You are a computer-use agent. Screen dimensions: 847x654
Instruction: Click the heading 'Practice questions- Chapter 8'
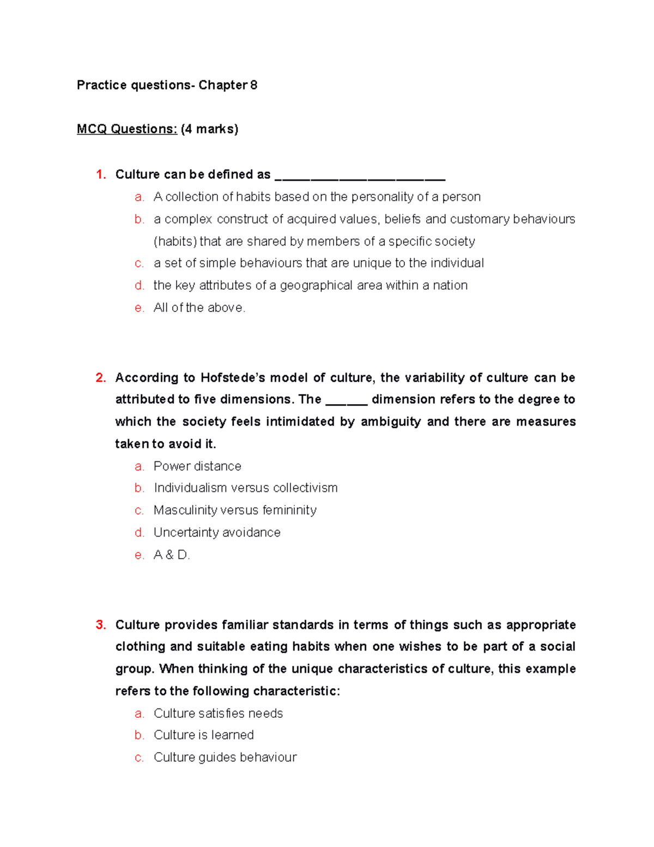(167, 85)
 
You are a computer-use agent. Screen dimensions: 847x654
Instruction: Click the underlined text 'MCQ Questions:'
(126, 129)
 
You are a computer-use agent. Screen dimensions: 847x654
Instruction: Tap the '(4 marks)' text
(209, 129)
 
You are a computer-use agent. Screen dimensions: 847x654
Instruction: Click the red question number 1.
(101, 175)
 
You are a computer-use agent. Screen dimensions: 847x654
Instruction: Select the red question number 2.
(101, 378)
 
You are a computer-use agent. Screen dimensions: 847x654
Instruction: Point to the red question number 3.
(101, 625)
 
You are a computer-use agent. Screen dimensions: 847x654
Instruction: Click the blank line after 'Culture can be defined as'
(360, 178)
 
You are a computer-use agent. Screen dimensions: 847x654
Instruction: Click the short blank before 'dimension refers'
(347, 403)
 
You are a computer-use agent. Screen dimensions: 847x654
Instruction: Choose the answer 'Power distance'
(197, 466)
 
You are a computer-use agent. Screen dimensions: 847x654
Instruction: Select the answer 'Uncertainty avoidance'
(217, 532)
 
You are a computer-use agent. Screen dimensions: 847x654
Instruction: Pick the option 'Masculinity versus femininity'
(235, 510)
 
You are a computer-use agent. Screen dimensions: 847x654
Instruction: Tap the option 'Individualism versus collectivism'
(245, 488)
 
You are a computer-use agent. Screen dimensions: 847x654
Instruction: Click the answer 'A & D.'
(172, 555)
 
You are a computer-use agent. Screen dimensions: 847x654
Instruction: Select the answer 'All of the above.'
(199, 308)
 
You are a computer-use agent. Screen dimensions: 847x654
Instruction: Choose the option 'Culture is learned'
(203, 735)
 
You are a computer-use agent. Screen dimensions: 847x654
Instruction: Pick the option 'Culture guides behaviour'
(225, 758)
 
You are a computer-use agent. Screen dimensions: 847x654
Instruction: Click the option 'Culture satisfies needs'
(218, 713)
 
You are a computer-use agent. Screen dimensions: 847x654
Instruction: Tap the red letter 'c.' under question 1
(140, 263)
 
